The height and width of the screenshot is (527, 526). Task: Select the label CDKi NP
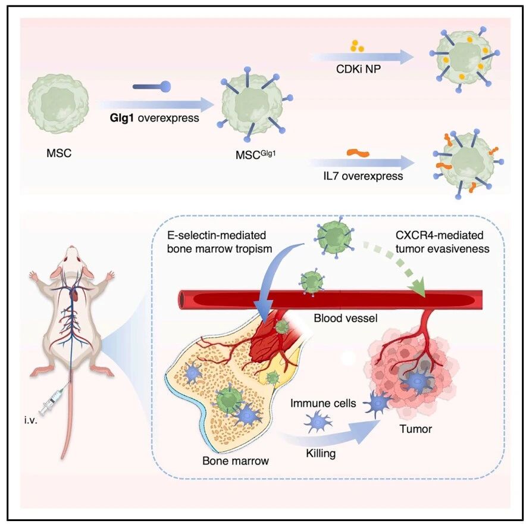[x=358, y=69]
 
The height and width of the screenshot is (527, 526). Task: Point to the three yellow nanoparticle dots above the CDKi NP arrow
[x=356, y=46]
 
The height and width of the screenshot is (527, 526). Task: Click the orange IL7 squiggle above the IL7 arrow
[x=358, y=153]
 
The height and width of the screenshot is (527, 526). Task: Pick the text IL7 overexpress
[x=363, y=176]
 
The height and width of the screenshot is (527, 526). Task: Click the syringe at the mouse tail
[x=51, y=401]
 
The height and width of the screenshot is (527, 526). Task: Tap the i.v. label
[x=30, y=420]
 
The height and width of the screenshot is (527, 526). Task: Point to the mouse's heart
[x=75, y=295]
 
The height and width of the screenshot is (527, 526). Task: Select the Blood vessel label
[x=346, y=318]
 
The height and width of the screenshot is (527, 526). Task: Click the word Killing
[x=321, y=453]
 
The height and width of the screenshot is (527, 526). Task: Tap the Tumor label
[x=415, y=429]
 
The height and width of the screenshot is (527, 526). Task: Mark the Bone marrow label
[x=236, y=460]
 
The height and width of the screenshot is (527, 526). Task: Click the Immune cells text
[x=323, y=403]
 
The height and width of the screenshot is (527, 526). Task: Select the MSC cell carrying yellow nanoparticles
[x=465, y=59]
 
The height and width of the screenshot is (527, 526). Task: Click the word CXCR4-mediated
[x=439, y=235]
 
